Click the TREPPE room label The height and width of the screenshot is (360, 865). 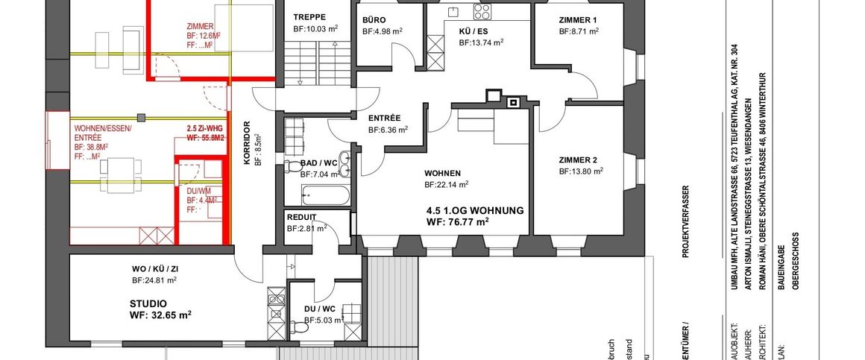pos(309,16)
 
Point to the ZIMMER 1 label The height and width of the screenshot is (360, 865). pos(579,19)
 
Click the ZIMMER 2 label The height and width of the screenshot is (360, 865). pos(579,160)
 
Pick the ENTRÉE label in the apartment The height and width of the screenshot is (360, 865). pos(385,118)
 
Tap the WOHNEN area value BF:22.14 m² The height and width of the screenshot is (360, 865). pos(446,184)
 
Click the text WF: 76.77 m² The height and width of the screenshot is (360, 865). pos(457,221)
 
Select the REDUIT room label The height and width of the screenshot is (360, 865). pos(302,217)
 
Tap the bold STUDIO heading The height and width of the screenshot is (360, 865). pos(148,303)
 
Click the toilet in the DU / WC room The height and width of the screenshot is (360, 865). pos(301,326)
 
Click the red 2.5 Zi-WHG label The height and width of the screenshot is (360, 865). pos(204,128)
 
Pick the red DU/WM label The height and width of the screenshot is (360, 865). pos(198,191)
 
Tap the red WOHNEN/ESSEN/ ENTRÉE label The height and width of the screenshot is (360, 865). pos(102,133)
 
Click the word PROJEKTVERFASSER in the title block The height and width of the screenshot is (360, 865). pos(686,221)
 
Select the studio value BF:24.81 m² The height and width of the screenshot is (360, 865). pos(154,280)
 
